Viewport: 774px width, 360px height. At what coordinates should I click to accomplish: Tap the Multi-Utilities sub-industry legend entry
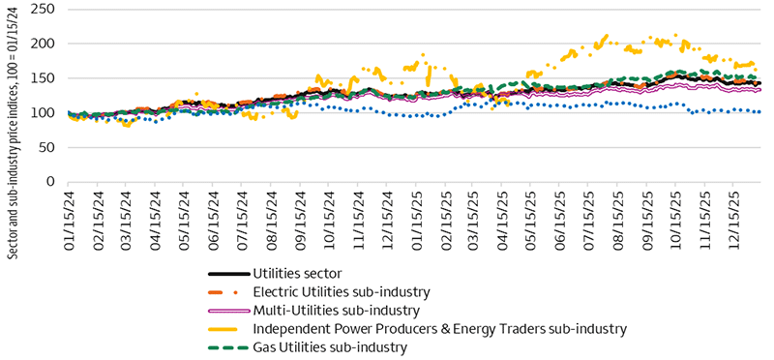click(336, 310)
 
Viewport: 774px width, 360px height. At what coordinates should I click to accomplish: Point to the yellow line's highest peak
click(606, 37)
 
